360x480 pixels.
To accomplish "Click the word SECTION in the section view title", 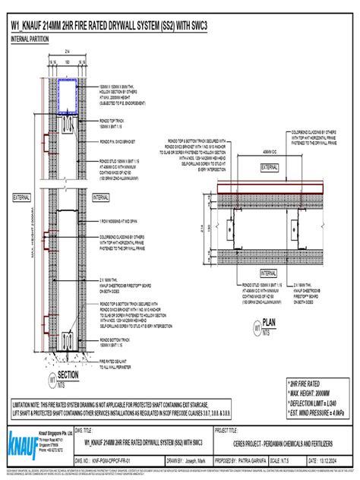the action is [68, 375].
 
